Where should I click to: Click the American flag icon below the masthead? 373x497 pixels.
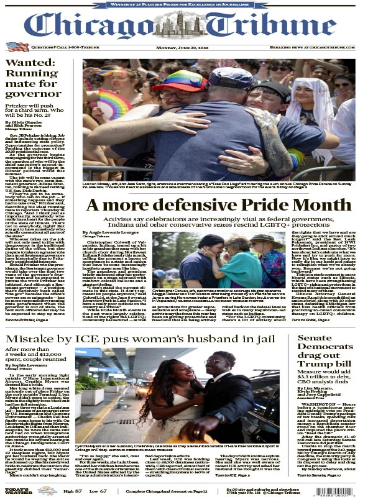pos(17,47)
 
